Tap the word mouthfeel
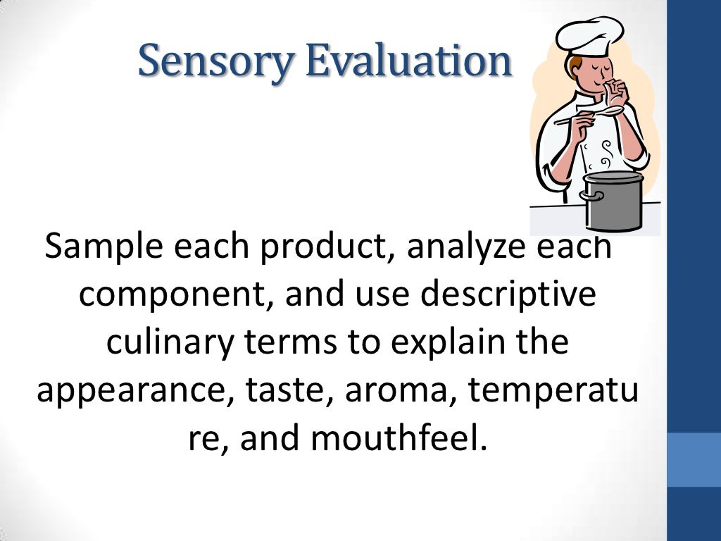coord(399,440)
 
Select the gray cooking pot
coord(612,201)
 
